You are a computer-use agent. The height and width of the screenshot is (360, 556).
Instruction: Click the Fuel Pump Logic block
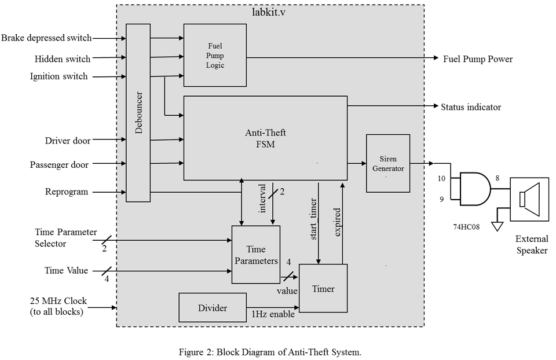coord(215,56)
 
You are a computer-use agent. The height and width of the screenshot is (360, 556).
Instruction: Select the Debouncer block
coord(138,112)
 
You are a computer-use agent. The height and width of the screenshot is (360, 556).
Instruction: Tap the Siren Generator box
coord(387,163)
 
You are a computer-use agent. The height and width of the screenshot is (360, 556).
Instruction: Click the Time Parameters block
coord(255,254)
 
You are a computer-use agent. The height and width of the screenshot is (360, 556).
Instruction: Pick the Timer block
coord(323,288)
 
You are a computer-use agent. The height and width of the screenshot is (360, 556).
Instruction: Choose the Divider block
coord(213,308)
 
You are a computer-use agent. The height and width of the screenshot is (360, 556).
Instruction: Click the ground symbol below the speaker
coord(496,226)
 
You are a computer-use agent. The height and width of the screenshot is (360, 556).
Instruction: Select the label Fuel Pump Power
coord(477,59)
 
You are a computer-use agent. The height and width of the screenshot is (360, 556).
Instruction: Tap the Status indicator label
coord(471,107)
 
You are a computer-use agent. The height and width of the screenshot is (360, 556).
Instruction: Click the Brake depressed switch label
coord(46,38)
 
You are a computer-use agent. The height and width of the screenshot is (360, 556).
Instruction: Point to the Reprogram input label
coord(67,192)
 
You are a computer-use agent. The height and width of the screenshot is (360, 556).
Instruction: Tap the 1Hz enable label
coord(273,314)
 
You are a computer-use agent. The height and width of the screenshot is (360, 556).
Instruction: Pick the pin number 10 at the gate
coord(442,178)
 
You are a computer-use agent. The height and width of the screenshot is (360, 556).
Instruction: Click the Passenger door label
coord(59,165)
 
